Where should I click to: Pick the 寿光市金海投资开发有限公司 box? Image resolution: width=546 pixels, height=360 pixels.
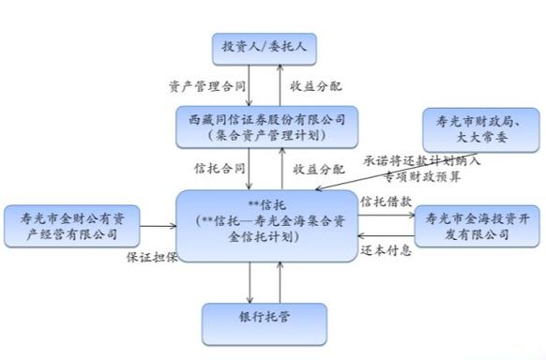tap(474, 225)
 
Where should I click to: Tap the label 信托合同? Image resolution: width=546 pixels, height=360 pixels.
tap(219, 169)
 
